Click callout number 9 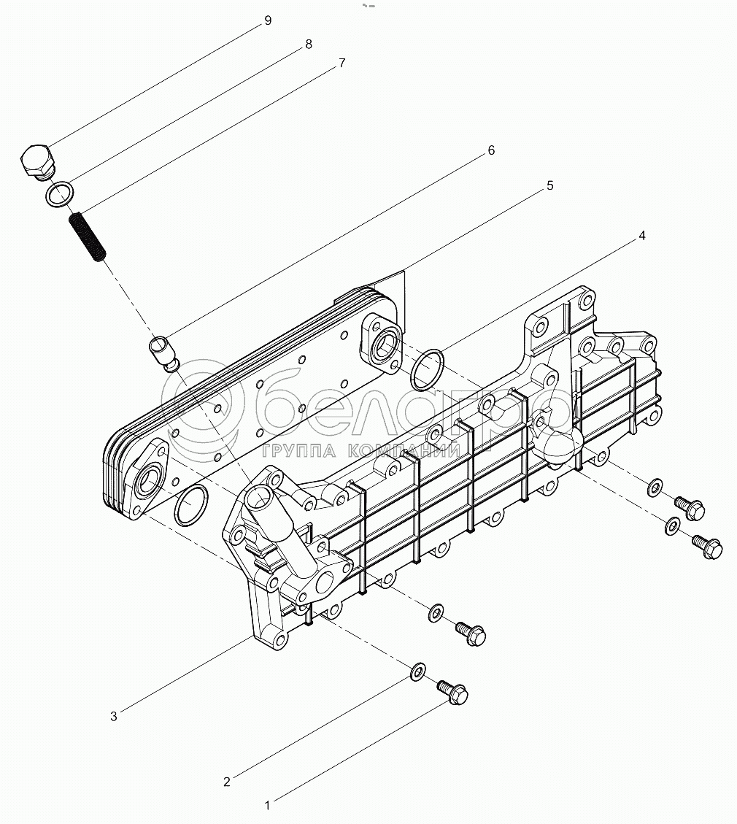(x=268, y=20)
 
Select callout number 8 (x=309, y=44)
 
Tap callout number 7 (x=342, y=63)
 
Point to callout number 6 (x=491, y=150)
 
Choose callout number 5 (x=550, y=185)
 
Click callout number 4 (x=641, y=236)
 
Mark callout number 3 (x=113, y=716)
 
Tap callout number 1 (x=267, y=805)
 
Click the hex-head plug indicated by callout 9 (x=38, y=161)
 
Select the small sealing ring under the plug (x=59, y=194)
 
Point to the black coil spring (x=88, y=236)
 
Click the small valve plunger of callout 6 (x=163, y=355)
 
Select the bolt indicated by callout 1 (x=452, y=692)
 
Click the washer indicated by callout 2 (x=417, y=671)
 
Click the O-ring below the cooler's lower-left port (x=190, y=506)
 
